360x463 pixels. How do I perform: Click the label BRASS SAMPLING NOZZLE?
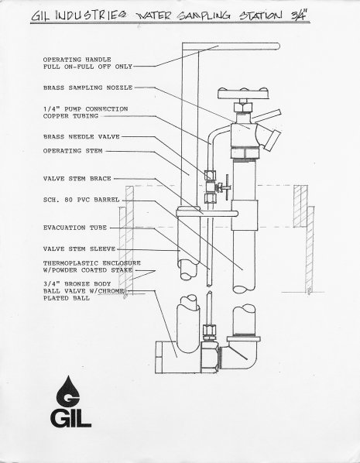(87, 87)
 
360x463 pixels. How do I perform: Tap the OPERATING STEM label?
(73, 151)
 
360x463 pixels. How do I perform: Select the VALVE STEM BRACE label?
(77, 179)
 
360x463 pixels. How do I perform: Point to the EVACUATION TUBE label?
(75, 228)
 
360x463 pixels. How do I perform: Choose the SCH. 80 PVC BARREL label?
(81, 200)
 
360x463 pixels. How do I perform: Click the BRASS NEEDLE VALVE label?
(81, 137)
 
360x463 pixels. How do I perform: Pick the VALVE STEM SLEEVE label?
(79, 249)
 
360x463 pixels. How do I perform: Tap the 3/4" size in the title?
(299, 15)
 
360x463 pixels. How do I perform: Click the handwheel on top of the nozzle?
(243, 93)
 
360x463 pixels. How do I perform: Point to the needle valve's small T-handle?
(226, 187)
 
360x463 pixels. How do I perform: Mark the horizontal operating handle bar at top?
(231, 46)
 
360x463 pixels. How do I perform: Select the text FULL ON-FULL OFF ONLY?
(87, 67)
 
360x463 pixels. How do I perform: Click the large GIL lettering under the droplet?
(70, 418)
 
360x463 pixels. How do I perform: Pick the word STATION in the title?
(260, 15)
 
